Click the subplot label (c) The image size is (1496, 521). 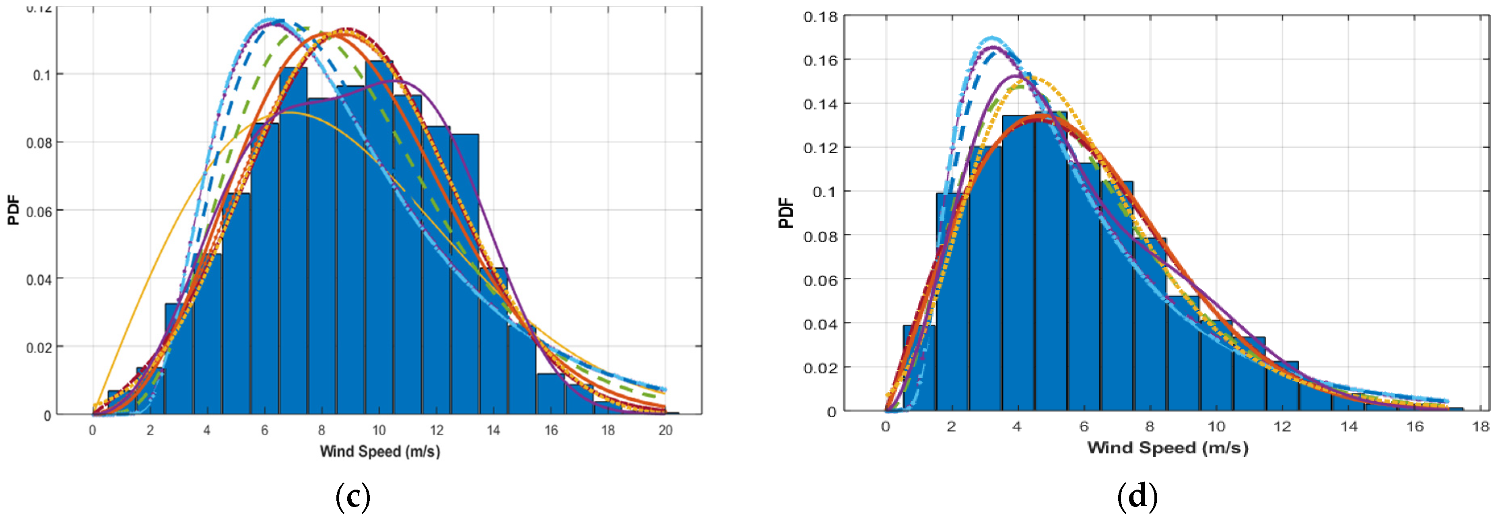(x=352, y=496)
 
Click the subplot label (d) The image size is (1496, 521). (x=1137, y=496)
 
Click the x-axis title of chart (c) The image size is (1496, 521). (x=380, y=451)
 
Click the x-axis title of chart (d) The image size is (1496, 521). (x=1167, y=448)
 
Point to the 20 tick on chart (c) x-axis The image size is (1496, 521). (x=665, y=430)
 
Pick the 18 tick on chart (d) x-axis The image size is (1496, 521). (x=1480, y=427)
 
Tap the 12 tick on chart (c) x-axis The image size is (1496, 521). (x=436, y=430)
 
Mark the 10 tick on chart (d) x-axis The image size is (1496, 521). (x=1216, y=427)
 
